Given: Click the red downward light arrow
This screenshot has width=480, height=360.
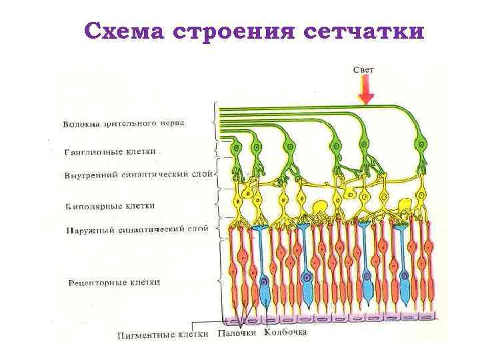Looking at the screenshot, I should point(365,89).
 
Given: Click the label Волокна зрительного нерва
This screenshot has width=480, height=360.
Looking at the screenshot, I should point(123,123).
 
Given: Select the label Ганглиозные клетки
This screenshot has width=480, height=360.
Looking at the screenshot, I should point(110,152).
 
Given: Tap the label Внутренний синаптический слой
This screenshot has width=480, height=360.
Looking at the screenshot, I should point(138,175).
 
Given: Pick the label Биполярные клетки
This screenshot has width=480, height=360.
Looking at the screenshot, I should point(110,206).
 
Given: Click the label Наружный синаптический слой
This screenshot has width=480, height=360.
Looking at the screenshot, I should point(137,229).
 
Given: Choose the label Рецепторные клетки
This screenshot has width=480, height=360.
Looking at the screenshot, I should point(114,283).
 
